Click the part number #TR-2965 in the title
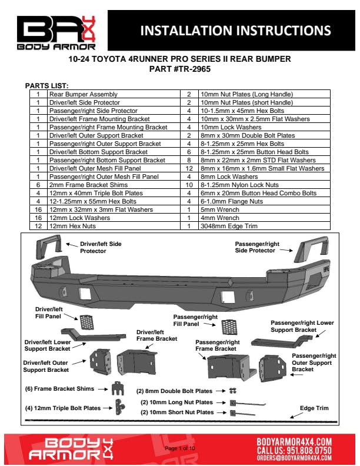(180, 69)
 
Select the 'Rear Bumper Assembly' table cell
(83, 94)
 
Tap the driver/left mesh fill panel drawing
(86, 322)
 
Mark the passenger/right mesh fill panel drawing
(229, 326)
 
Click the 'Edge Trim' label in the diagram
(314, 408)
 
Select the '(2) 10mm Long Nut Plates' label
(176, 402)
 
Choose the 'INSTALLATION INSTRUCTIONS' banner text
(235, 31)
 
